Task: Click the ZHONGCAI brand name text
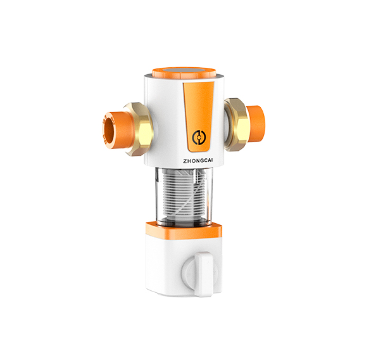[x=198, y=161]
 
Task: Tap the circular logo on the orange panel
[x=199, y=137]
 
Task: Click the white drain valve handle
[x=204, y=274]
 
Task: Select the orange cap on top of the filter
[x=184, y=73]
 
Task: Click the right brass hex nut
[x=236, y=124]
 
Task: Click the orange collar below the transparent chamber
[x=184, y=230]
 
